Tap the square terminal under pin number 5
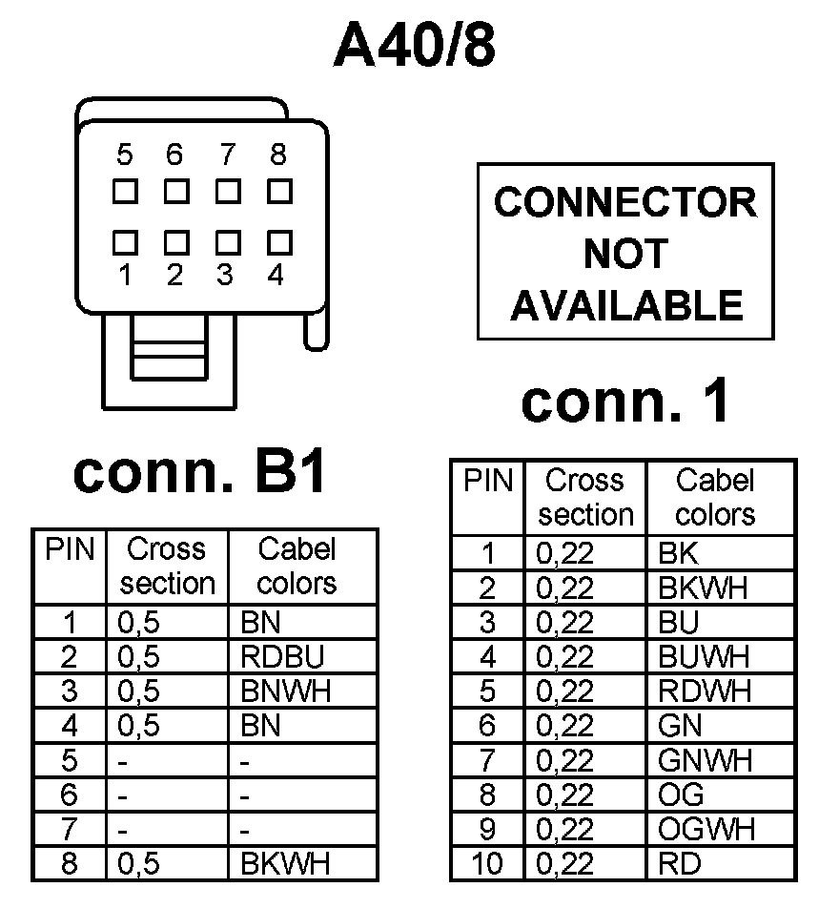124,191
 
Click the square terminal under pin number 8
278,191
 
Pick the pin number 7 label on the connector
226,155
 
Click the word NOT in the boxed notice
625,254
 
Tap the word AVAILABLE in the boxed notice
626,305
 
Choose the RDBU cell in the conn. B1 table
282,656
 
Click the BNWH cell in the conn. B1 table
285,691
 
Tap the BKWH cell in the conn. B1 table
285,863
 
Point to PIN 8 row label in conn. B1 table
70,863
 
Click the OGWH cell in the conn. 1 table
706,829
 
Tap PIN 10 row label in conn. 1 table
487,863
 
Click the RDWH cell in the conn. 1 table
705,690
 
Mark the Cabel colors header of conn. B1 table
297,566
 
